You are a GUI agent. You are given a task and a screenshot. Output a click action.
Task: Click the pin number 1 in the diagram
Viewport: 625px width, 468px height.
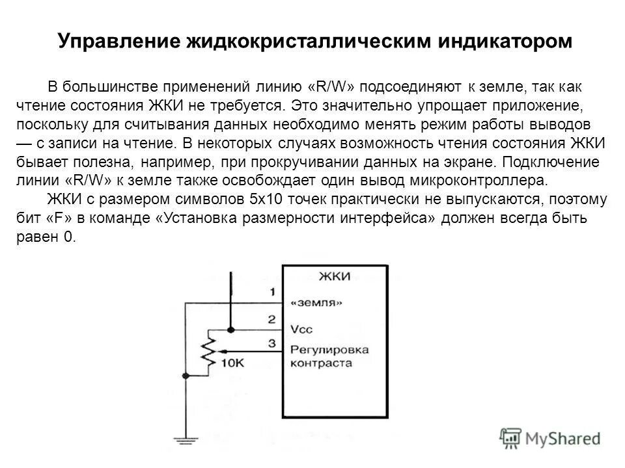(271, 291)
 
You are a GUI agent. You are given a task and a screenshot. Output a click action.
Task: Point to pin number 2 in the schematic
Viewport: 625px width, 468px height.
(271, 320)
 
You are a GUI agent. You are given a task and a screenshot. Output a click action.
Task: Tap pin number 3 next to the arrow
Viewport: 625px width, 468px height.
(271, 343)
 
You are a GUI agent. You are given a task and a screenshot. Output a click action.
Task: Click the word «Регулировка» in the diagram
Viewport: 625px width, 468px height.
(329, 349)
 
